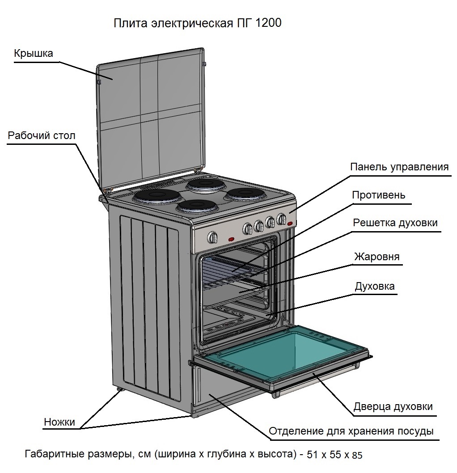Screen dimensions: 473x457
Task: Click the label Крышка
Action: tap(34, 54)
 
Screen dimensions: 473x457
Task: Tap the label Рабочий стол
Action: tap(42, 136)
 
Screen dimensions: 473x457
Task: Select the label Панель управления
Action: tap(399, 167)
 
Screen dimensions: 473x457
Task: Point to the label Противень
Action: tap(378, 195)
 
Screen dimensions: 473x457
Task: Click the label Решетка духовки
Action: tap(395, 223)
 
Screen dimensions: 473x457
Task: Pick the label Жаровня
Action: tap(377, 257)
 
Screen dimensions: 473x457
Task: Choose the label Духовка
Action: tap(374, 286)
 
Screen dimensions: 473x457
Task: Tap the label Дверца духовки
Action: tap(393, 407)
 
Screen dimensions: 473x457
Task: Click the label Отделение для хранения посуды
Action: tap(351, 431)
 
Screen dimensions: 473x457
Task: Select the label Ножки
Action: tap(59, 422)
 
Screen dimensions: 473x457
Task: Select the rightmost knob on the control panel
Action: tap(281, 219)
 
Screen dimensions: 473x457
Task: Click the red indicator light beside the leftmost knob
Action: tap(232, 239)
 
